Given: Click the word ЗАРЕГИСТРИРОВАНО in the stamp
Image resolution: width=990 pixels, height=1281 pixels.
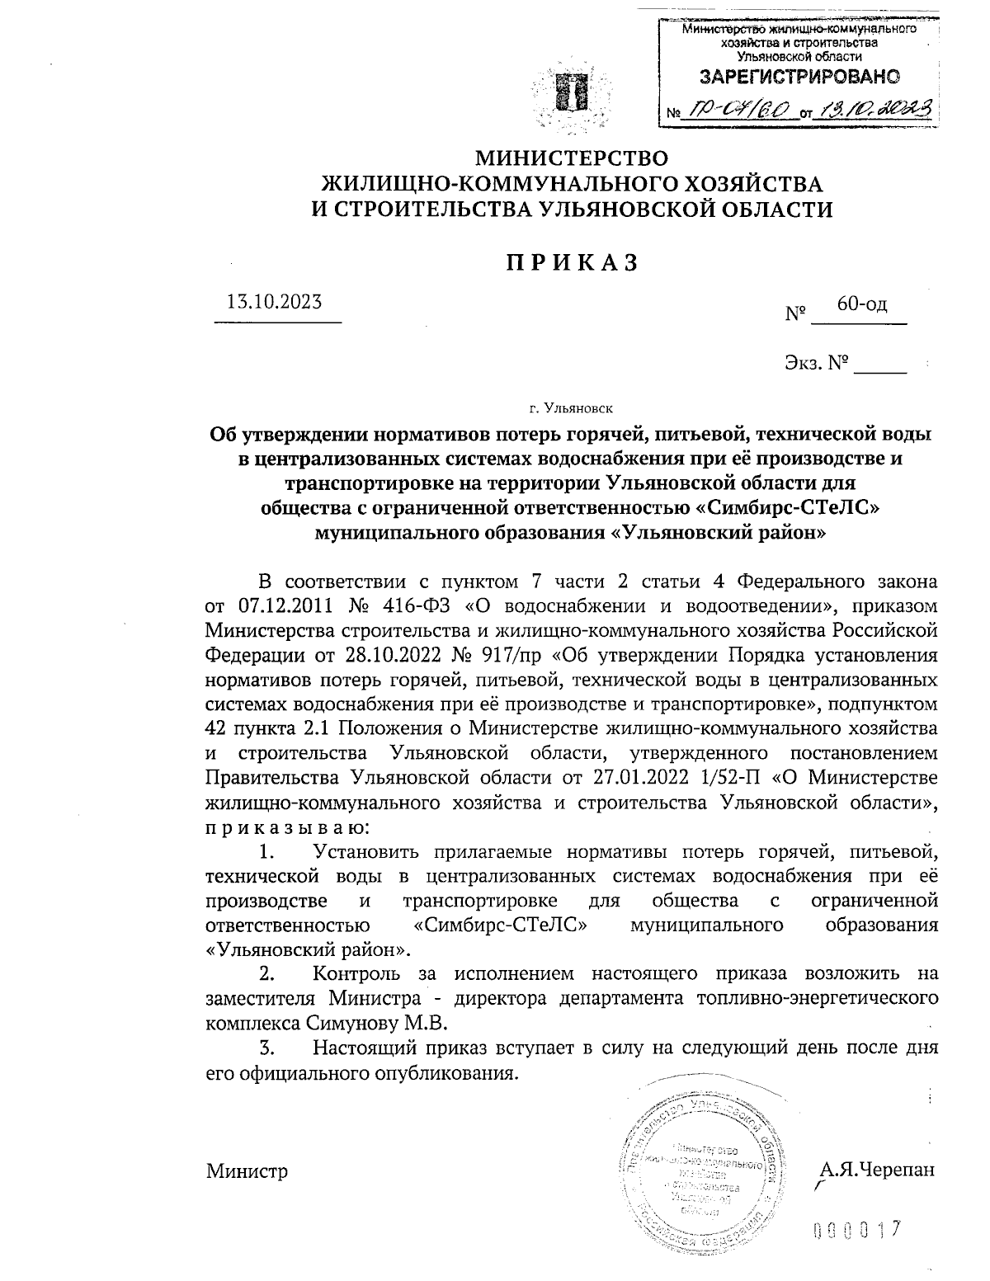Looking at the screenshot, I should [798, 78].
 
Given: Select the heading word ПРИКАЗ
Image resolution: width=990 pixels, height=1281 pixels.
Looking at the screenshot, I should [571, 262].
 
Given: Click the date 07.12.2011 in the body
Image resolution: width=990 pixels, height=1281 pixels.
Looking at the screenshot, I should [285, 605].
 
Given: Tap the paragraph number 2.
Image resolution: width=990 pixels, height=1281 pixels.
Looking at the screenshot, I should [266, 974].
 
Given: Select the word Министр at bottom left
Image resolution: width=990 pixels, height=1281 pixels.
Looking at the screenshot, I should [247, 1170].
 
